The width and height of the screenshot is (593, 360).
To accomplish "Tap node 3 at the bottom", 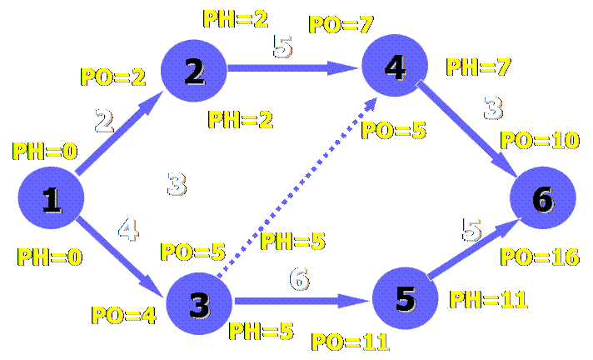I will click(199, 304).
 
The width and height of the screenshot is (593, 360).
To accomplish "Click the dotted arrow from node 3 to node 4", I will click(292, 183).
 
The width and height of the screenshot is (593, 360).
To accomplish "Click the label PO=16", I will click(540, 256).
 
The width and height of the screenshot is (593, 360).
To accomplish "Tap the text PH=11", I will click(489, 299).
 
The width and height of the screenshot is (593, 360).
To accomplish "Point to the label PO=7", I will click(340, 23).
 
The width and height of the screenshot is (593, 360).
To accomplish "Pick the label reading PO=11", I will click(350, 341).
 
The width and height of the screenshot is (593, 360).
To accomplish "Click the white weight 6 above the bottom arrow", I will click(299, 277).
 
